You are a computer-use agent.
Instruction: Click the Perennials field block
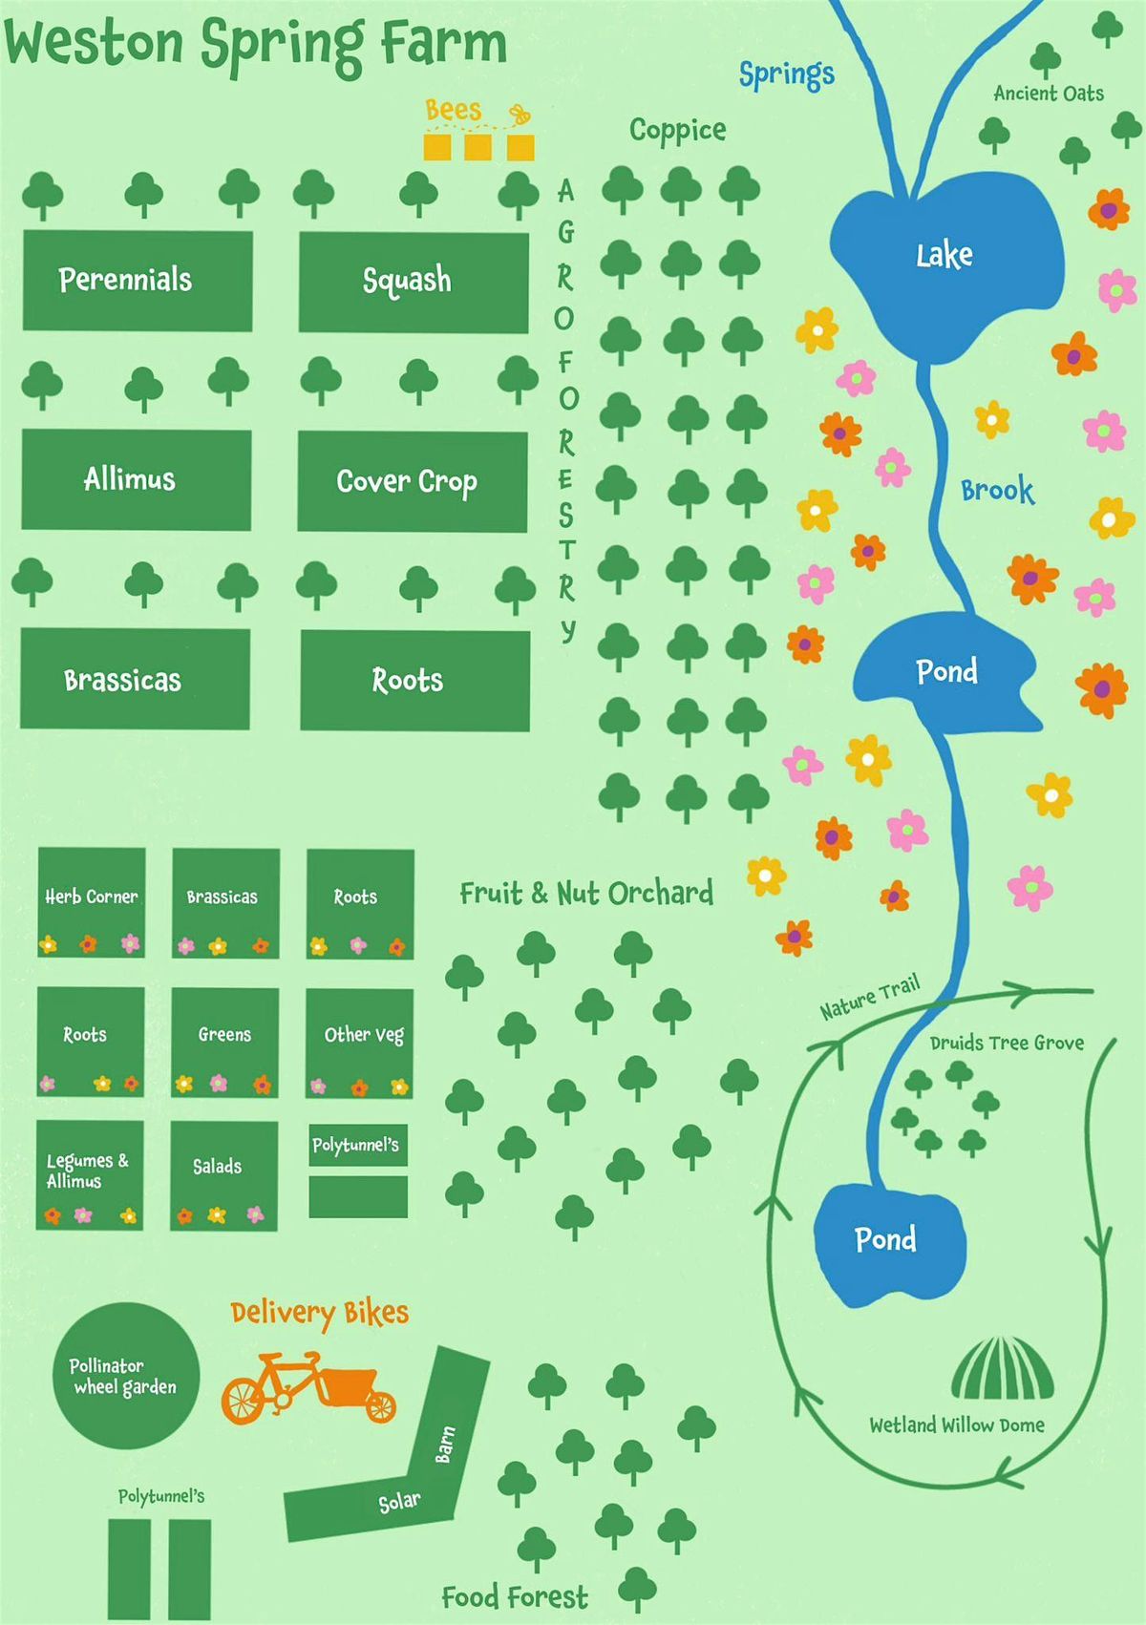point(137,280)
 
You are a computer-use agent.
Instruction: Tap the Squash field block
point(413,282)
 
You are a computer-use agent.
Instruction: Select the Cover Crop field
point(412,481)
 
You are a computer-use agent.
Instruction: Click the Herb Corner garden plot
point(92,901)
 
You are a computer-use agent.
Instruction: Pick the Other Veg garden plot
point(360,1042)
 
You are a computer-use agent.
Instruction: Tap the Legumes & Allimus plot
point(90,1174)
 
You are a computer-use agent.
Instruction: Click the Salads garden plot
point(223,1174)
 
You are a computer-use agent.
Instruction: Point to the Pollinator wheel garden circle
point(126,1376)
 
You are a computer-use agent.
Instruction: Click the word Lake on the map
point(944,255)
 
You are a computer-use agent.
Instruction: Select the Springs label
point(787,74)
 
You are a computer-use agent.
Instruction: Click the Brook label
point(997,490)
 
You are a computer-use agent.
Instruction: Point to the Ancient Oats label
point(1049,94)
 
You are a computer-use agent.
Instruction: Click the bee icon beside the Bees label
point(520,116)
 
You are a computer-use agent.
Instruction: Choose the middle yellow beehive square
point(477,147)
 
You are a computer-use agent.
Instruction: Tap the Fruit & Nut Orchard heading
point(586,894)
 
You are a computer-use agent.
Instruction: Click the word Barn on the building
point(445,1444)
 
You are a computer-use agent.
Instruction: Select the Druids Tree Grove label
point(1007,1043)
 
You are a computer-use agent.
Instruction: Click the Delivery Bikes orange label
point(319,1314)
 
